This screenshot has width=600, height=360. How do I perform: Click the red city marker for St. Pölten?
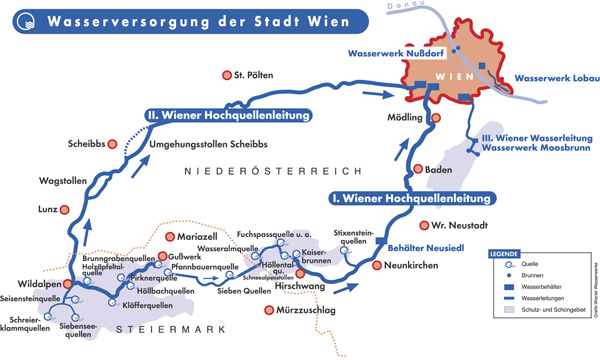pyautogui.click(x=226, y=74)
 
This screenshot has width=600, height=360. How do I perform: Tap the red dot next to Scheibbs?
pyautogui.click(x=114, y=142)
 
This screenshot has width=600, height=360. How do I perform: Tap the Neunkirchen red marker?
pyautogui.click(x=378, y=265)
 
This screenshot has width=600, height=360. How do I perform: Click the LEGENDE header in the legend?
pyautogui.click(x=504, y=254)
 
